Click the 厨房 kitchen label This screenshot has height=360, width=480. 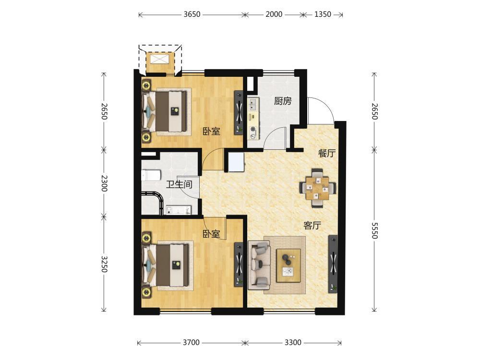point(283,101)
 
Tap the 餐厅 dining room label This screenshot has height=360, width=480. point(326,154)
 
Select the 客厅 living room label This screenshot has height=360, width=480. point(312,226)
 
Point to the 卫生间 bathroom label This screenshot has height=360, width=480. point(179,184)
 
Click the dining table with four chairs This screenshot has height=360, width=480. point(318,188)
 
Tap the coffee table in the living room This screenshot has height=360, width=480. point(288,265)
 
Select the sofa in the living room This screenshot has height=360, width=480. point(259,264)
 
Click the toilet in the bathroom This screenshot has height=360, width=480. point(151,176)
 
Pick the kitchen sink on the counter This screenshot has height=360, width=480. point(253,104)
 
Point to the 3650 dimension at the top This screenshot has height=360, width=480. point(192,14)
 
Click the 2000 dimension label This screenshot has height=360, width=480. point(274,14)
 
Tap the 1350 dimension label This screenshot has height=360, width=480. point(323,14)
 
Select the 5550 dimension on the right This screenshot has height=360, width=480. point(374,230)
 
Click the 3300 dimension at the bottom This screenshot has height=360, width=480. point(293,343)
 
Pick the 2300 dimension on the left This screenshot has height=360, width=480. point(104,183)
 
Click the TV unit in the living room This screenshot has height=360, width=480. point(333,264)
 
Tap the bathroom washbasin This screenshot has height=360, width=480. point(178,210)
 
